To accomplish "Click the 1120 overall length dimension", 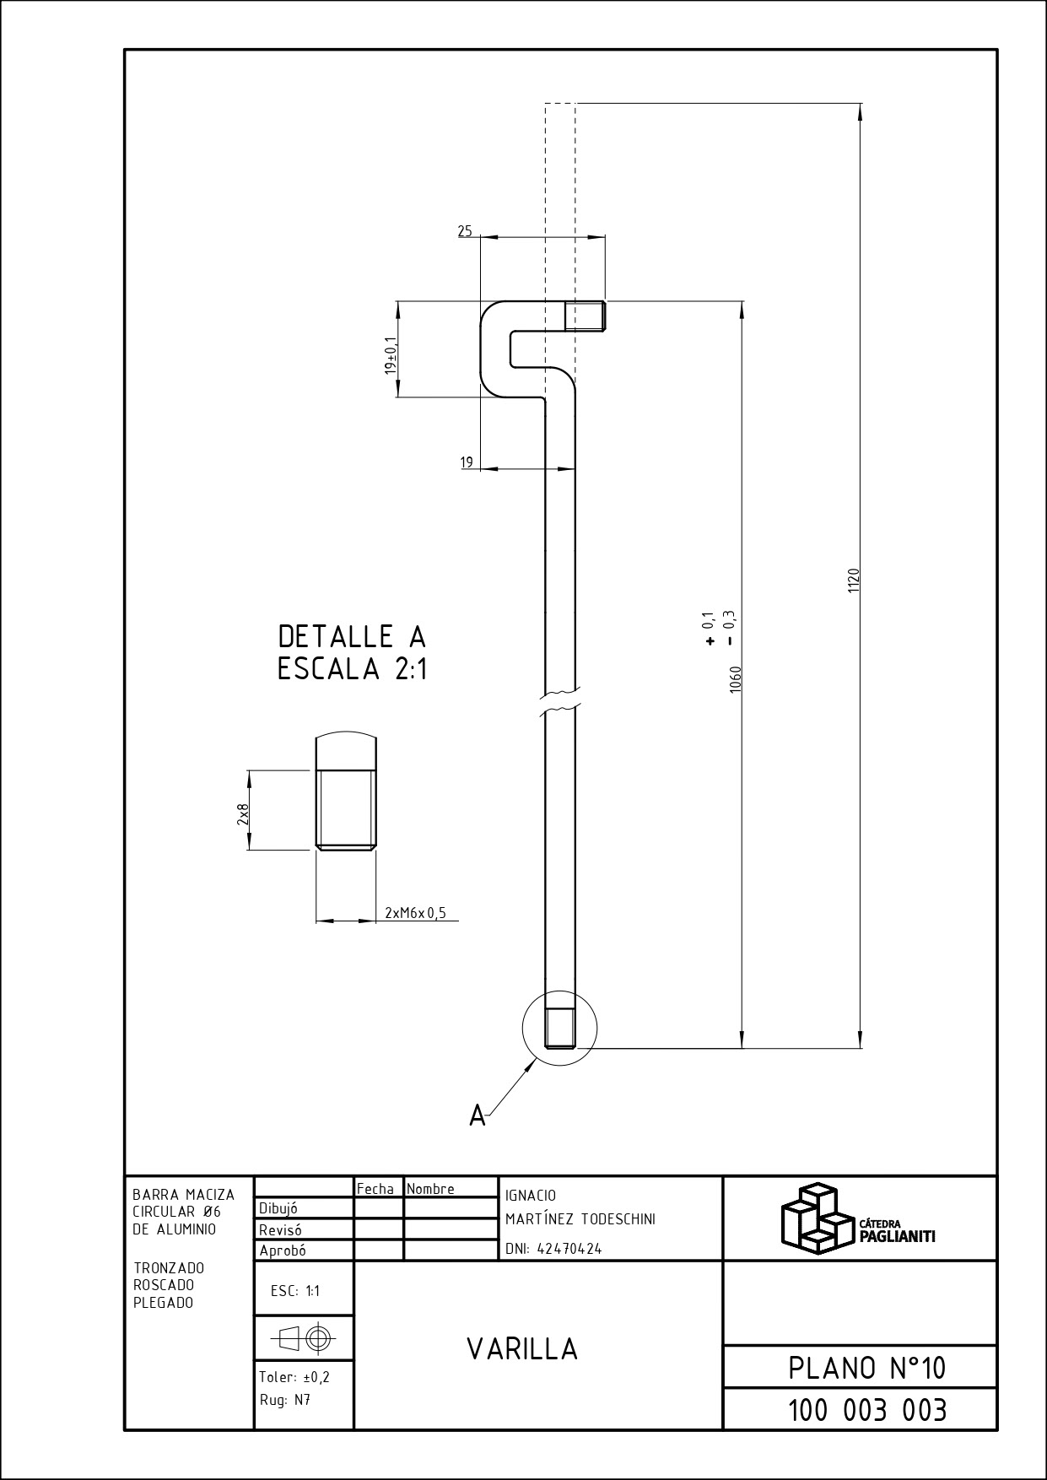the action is (853, 581).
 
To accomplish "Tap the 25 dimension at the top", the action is (465, 230).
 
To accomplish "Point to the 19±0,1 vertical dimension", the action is (391, 355).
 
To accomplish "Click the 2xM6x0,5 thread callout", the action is (415, 912).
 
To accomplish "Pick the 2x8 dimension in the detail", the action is (243, 814).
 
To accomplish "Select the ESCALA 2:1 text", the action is (353, 669).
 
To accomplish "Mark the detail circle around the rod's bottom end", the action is (560, 1066).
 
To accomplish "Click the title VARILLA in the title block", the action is (523, 1349).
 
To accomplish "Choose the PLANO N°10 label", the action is (867, 1368).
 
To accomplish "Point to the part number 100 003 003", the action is (867, 1410).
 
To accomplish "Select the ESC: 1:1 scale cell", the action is (295, 1291).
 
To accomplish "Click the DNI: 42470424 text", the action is (553, 1249).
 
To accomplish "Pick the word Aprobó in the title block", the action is (283, 1250).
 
